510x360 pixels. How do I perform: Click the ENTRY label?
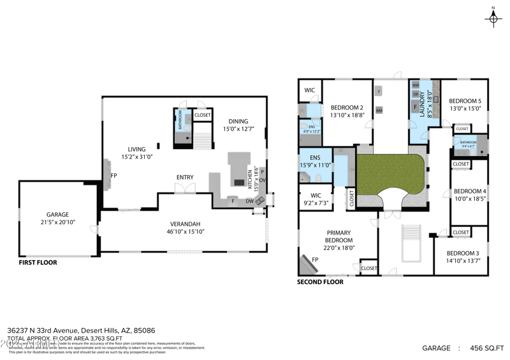click(185, 177)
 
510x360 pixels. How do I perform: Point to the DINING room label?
click(238, 122)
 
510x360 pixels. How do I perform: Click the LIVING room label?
click(137, 149)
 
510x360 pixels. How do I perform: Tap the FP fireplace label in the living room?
click(113, 175)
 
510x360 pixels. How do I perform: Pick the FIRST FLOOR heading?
click(38, 262)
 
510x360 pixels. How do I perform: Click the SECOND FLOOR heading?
click(320, 282)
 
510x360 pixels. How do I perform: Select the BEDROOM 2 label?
click(347, 107)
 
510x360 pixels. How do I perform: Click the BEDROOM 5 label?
click(465, 101)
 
